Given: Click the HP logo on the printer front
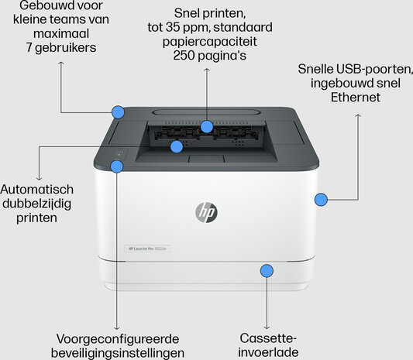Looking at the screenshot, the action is (206, 212).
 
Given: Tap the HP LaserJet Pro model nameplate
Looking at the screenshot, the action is (147, 249).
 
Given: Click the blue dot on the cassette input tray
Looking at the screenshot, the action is (267, 271).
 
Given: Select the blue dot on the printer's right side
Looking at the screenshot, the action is (321, 199).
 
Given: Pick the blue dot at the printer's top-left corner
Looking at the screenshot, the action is (118, 112).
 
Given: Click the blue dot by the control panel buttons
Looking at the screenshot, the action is (117, 166).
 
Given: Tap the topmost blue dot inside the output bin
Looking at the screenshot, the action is (206, 127).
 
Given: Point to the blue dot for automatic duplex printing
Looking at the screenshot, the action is (177, 146).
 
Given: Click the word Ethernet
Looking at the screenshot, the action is (356, 98).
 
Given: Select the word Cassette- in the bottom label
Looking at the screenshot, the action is (268, 338).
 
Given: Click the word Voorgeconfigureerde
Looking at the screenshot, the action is (118, 339).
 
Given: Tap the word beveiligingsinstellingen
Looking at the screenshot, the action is (118, 353).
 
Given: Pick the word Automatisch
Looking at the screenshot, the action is (37, 190).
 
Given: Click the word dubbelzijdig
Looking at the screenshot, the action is (37, 204).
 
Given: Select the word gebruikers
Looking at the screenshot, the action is (66, 48).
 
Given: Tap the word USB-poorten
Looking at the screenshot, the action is (374, 69).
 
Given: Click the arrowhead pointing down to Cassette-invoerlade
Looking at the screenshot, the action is (267, 327).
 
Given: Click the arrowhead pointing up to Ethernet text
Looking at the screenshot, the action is (358, 116).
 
